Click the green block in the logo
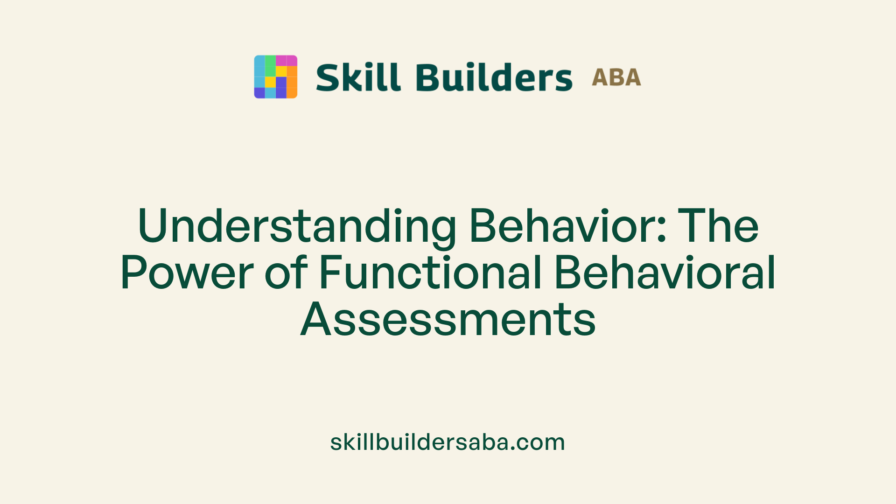270,66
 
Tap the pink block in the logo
286,61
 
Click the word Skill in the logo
358,77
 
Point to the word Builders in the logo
494,77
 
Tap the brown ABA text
616,77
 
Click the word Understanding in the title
297,226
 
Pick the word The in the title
719,226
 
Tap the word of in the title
286,273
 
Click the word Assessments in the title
448,320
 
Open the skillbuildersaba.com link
448,442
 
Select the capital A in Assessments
315,320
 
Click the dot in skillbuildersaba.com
513,449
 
